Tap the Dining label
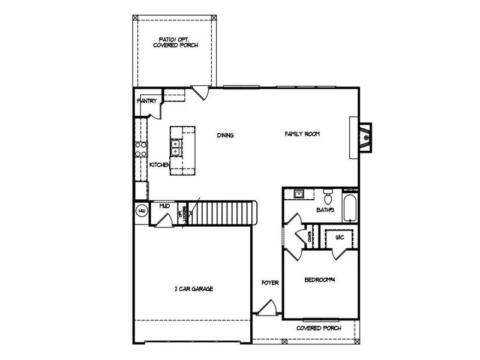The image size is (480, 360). point(225,135)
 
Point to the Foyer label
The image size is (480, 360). point(269,283)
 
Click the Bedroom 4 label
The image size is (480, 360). point(319,280)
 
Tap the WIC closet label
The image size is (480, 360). point(339,238)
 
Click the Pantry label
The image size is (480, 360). point(147,101)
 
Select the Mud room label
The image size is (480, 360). point(164,206)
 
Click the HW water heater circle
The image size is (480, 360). point(142,211)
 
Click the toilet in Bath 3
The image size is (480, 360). point(328,196)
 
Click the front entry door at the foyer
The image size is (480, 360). point(264,310)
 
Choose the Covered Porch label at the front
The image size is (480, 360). point(319,329)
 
